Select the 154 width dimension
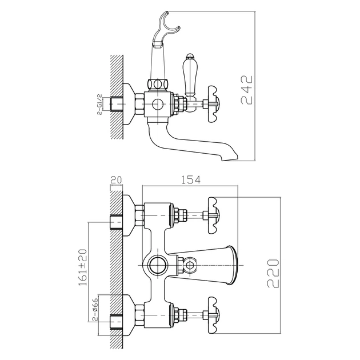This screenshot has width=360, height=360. pos(191,181)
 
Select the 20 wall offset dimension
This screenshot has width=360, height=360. pos(116,180)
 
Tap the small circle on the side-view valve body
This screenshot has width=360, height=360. pos(158,104)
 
